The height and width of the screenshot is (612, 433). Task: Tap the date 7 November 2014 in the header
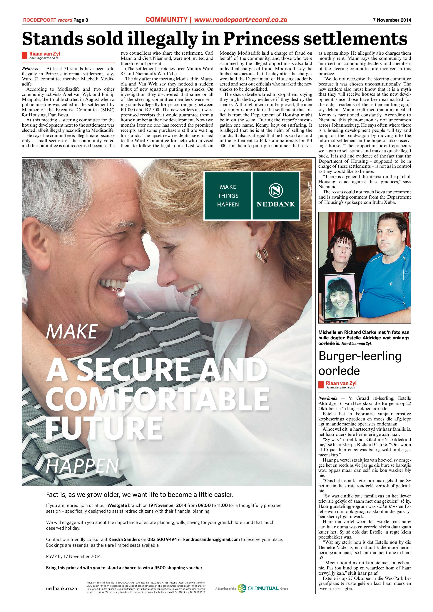[392, 20]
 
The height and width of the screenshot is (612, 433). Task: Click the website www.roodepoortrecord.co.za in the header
[240, 19]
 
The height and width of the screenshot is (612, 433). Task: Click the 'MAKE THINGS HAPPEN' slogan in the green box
[228, 196]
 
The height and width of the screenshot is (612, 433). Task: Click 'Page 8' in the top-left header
[81, 20]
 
